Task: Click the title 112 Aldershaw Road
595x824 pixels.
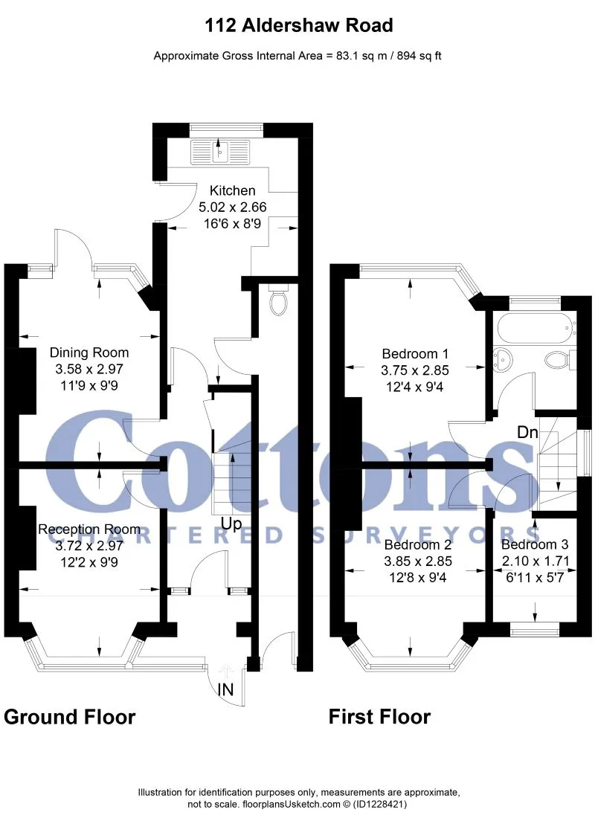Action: pyautogui.click(x=298, y=25)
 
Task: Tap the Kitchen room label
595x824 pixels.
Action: pyautogui.click(x=232, y=191)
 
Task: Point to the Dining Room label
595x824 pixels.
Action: pyautogui.click(x=89, y=353)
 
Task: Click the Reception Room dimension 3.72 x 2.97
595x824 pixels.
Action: pyautogui.click(x=89, y=546)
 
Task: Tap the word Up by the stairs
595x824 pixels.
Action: pyautogui.click(x=231, y=524)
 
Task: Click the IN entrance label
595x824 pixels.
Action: pyautogui.click(x=225, y=689)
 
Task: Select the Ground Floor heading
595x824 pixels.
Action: pyautogui.click(x=69, y=717)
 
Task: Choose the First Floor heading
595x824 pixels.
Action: pyautogui.click(x=379, y=717)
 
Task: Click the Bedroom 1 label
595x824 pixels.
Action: pyautogui.click(x=415, y=354)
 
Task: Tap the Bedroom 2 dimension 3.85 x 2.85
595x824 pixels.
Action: pyautogui.click(x=418, y=561)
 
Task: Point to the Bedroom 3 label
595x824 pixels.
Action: pyautogui.click(x=535, y=544)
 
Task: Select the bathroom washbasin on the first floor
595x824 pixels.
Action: pyautogui.click(x=504, y=360)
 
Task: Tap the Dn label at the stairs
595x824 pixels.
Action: pyautogui.click(x=528, y=432)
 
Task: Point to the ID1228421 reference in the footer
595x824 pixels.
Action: pyautogui.click(x=381, y=804)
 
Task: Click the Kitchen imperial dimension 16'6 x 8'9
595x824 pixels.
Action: pyautogui.click(x=232, y=224)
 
